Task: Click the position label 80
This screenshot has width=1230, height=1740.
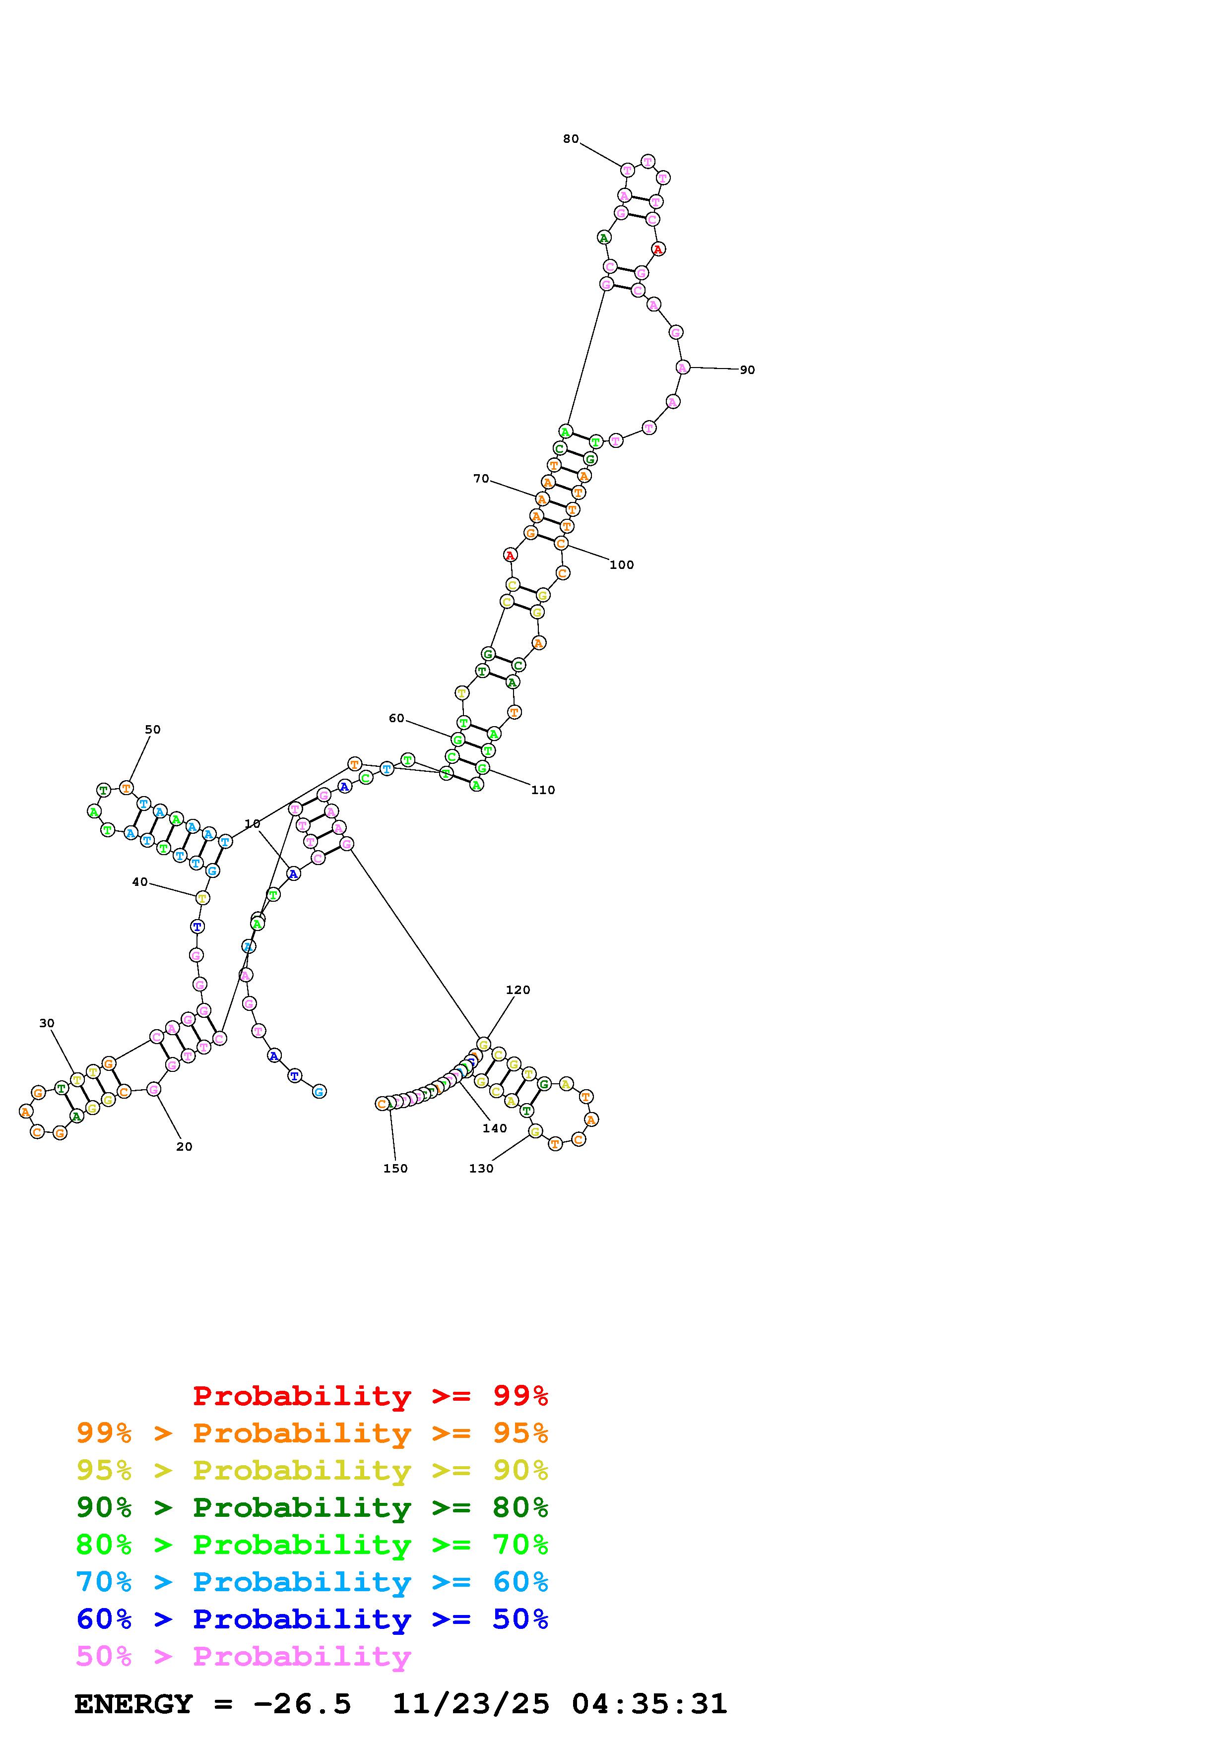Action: [571, 139]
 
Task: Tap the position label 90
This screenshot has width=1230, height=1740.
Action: [747, 370]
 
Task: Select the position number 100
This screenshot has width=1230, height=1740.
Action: [621, 564]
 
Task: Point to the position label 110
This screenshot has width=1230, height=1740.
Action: [543, 790]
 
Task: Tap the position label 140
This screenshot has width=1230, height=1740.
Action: [494, 1128]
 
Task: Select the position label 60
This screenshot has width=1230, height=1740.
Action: [396, 718]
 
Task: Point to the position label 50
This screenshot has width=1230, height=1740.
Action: [152, 729]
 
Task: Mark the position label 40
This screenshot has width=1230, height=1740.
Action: [140, 881]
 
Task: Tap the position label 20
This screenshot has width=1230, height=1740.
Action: [184, 1147]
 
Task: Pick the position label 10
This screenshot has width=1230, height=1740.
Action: [253, 824]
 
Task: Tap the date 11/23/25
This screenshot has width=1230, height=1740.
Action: [471, 1704]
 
